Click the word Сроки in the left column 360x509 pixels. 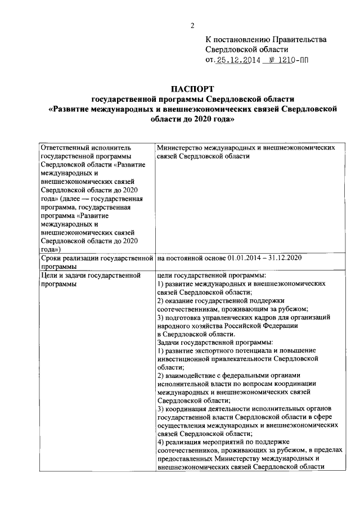[52, 258]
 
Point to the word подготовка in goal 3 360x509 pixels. [186, 317]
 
